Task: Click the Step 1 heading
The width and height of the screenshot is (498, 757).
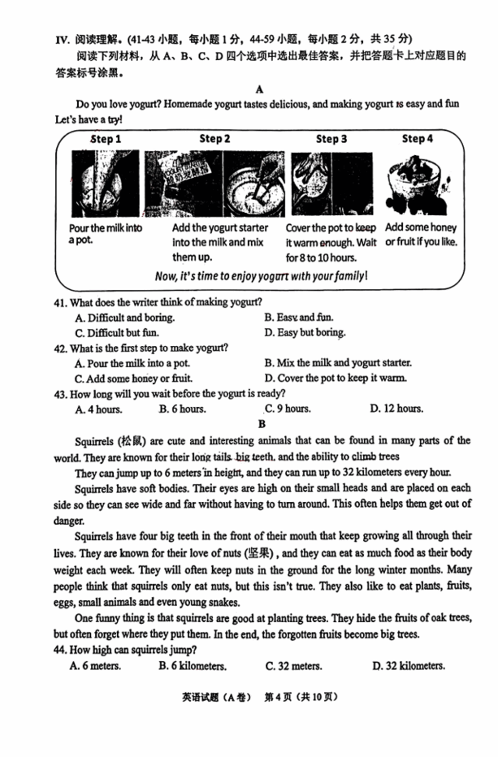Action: pyautogui.click(x=106, y=139)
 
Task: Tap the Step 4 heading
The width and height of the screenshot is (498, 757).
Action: pyautogui.click(x=418, y=138)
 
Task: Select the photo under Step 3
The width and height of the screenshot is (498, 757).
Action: pyautogui.click(x=327, y=184)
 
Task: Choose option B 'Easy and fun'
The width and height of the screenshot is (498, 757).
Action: pyautogui.click(x=299, y=318)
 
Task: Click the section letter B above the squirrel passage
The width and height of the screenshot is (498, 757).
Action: pyautogui.click(x=262, y=424)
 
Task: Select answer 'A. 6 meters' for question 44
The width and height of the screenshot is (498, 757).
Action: pyautogui.click(x=96, y=666)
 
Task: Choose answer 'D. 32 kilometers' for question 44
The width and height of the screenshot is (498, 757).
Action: pyautogui.click(x=409, y=666)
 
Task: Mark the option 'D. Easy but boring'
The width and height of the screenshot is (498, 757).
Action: pyautogui.click(x=305, y=332)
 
